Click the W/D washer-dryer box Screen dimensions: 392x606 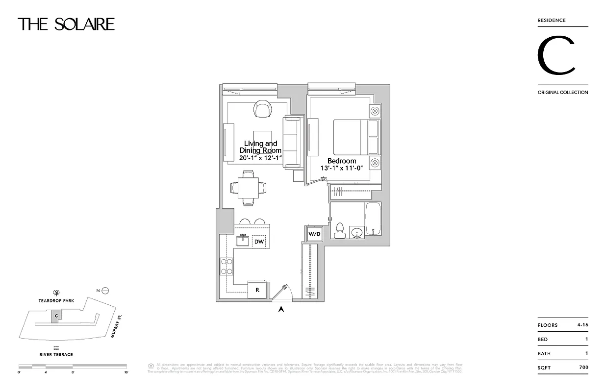[314, 234]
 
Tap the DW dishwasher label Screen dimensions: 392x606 [259, 241]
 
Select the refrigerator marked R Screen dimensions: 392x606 [257, 290]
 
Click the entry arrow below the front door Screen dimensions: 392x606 [281, 309]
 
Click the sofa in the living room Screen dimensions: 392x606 [292, 142]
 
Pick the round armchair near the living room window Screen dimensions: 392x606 [262, 108]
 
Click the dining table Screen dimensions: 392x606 [249, 188]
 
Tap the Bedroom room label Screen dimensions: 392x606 [342, 161]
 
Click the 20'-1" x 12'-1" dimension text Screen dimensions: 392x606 [260, 158]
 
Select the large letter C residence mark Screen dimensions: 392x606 [556, 56]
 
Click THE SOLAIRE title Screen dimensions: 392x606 [66, 24]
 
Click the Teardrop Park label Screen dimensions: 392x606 [56, 300]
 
